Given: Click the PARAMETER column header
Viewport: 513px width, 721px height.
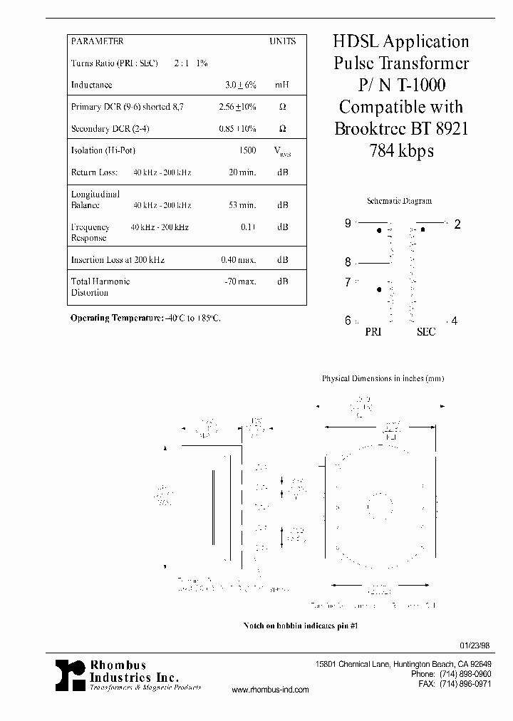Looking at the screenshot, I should coord(97,41).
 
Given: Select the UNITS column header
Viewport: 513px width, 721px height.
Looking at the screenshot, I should coord(282,41).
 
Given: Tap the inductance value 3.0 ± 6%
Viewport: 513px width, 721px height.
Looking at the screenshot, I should coord(240,85).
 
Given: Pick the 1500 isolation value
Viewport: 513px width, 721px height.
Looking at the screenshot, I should coord(247,150).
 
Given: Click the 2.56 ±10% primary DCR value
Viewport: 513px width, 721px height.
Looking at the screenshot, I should coord(237,107).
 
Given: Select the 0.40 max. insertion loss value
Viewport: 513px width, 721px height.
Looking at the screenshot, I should coord(238,260).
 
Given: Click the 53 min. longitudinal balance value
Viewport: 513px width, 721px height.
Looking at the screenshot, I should coord(242,205).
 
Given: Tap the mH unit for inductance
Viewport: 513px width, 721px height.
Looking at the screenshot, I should coord(282,85).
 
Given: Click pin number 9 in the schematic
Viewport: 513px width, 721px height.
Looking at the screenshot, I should coord(348,223).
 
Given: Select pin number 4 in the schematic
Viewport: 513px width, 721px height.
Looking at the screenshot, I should coord(455,321).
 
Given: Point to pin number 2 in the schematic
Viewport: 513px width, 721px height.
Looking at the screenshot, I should coord(457,224).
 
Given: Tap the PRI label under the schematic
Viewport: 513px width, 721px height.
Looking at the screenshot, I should coord(373,332).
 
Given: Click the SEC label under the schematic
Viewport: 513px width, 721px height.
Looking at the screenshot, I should coord(426,332).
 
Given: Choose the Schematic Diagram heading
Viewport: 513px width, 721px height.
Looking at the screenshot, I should coord(399,201).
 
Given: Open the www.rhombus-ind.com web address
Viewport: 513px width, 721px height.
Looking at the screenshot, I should coord(271,690).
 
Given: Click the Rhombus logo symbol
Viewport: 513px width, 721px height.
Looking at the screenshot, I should coord(71,674).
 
